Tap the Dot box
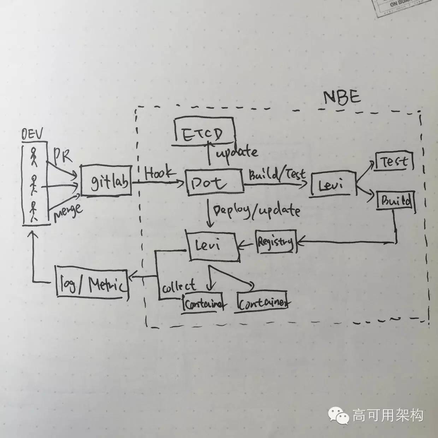[x=215, y=182]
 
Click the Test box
[x=394, y=161]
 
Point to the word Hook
[x=160, y=173]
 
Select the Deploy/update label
[x=256, y=211]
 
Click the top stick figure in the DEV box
[x=34, y=157]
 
